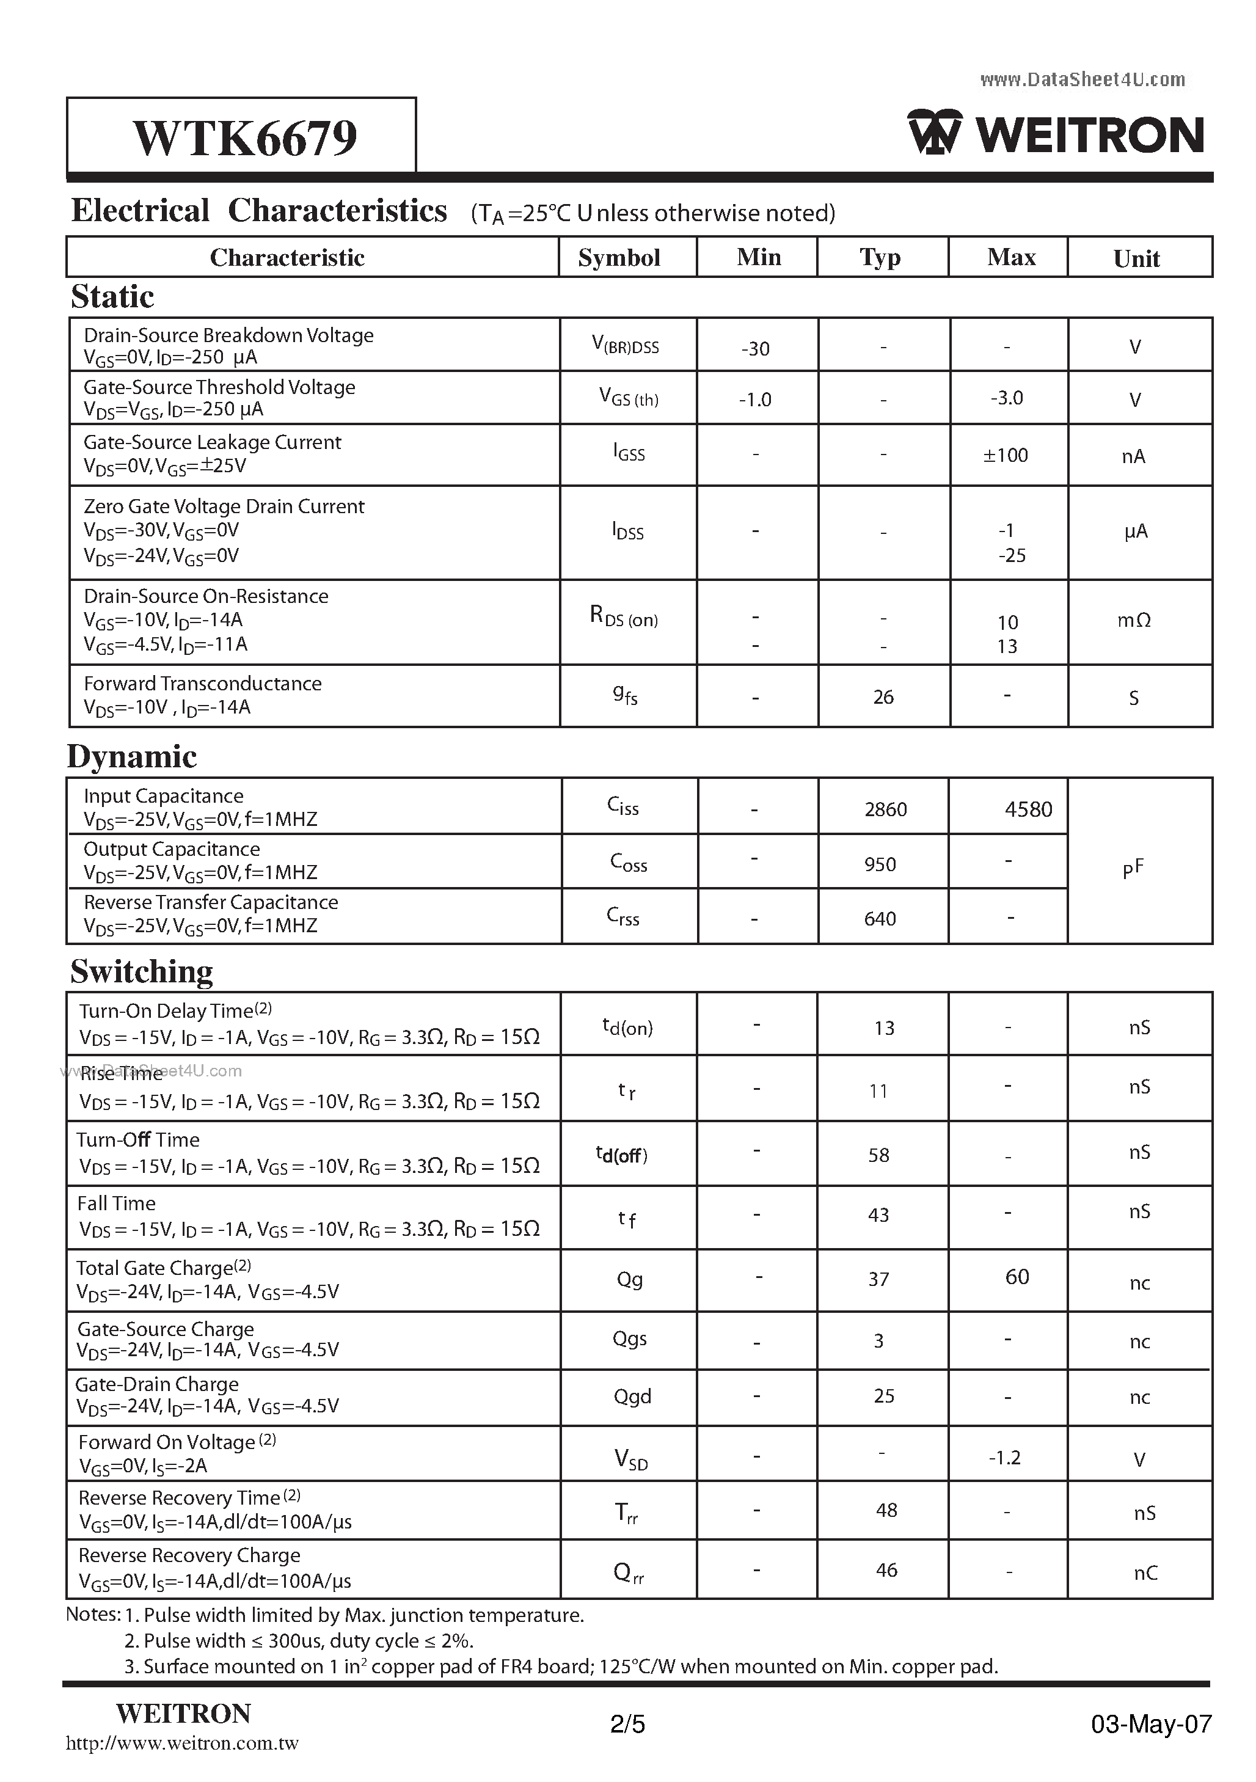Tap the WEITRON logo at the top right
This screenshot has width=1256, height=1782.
point(1056,134)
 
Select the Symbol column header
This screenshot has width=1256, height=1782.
point(619,258)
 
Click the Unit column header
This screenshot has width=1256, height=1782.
point(1136,258)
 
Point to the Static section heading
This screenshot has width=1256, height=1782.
point(112,296)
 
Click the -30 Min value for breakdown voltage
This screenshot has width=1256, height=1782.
point(754,348)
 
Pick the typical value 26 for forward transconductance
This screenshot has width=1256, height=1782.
point(883,697)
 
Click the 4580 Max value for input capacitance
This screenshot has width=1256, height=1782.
point(1028,809)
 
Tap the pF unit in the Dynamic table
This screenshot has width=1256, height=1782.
point(1133,867)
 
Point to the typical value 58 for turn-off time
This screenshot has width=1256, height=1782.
point(878,1155)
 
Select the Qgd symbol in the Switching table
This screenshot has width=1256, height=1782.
point(632,1397)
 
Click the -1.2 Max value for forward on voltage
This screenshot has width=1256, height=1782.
point(1004,1458)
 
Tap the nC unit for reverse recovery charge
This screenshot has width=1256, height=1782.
point(1145,1572)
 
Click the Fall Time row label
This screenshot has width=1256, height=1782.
point(117,1203)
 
